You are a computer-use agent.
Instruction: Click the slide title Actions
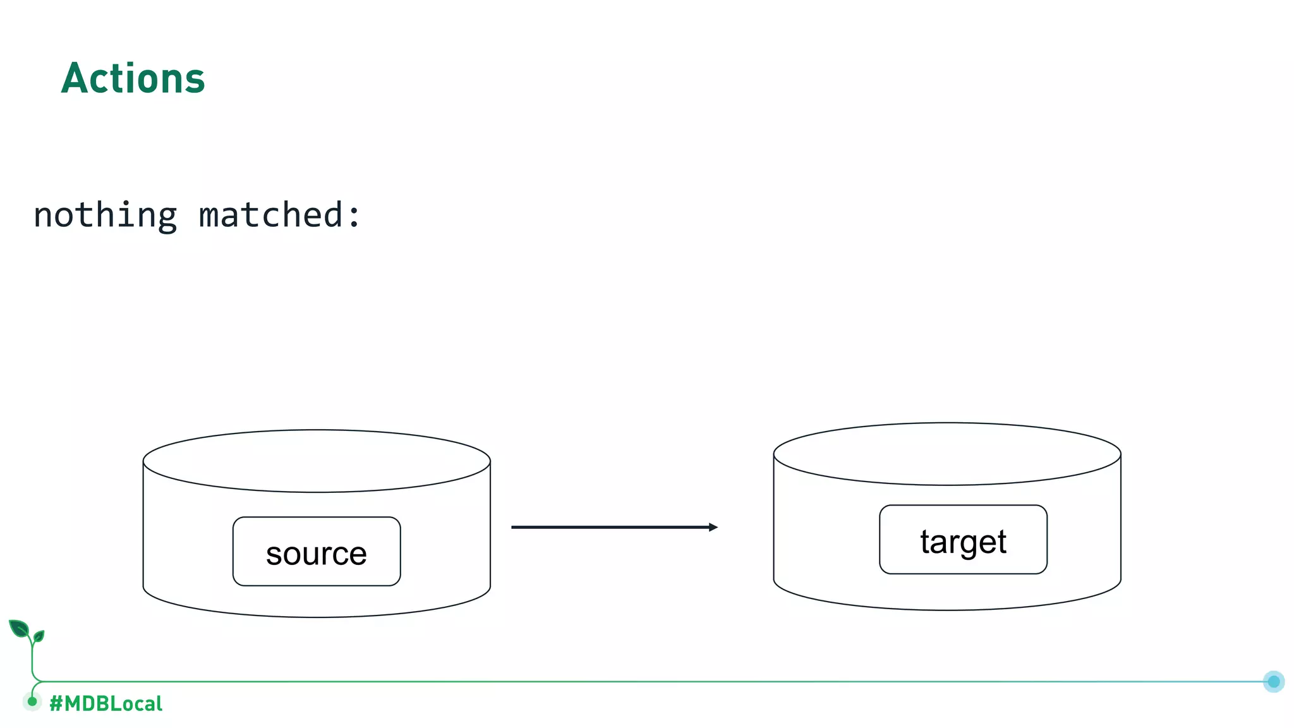click(x=133, y=79)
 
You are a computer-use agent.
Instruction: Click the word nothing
click(x=105, y=215)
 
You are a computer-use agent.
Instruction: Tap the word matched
click(x=270, y=215)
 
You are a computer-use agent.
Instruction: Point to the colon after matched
click(x=354, y=216)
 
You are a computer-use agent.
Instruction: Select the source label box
click(x=317, y=552)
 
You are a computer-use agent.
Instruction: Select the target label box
click(x=963, y=540)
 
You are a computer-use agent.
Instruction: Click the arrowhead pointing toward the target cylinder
click(x=713, y=527)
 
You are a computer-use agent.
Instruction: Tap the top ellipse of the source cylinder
click(x=317, y=461)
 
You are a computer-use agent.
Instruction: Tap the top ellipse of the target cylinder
click(x=946, y=454)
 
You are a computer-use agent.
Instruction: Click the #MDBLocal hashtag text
click(x=106, y=703)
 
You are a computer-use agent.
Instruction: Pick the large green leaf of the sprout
click(x=19, y=629)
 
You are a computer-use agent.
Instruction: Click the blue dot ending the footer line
click(x=1273, y=681)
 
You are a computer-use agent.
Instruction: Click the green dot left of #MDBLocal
click(x=32, y=701)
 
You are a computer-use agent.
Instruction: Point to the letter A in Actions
click(x=74, y=79)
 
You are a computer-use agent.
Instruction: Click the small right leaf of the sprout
click(x=39, y=636)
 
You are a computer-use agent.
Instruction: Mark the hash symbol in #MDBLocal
click(x=56, y=703)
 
